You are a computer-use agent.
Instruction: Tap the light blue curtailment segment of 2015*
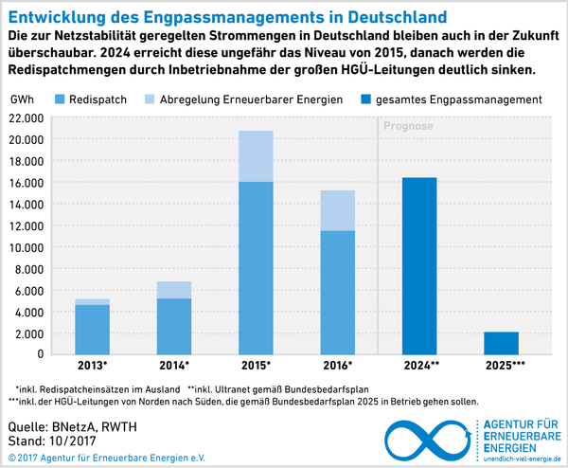pos(256,156)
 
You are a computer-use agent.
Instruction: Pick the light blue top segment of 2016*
pos(337,210)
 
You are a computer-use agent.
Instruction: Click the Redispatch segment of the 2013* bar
pos(93,331)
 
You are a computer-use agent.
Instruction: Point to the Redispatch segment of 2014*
pos(174,328)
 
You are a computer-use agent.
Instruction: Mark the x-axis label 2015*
pos(256,365)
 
